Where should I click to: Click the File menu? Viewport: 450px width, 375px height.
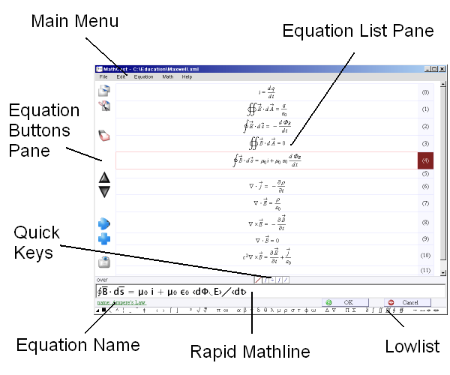point(103,76)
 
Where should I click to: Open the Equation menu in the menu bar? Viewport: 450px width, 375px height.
point(143,76)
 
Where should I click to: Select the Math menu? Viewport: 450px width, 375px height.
point(168,76)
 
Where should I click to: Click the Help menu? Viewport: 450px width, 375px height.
point(187,76)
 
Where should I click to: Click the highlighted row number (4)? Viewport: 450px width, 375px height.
point(425,160)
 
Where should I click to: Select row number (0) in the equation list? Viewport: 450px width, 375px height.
point(425,92)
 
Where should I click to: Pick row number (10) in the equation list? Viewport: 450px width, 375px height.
point(425,255)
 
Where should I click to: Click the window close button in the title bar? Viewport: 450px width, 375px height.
point(442,69)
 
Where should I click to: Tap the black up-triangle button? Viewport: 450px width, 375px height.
point(105,178)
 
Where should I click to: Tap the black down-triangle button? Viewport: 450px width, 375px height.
point(105,191)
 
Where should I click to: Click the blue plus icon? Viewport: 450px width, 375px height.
point(105,239)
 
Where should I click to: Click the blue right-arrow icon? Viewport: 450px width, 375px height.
point(105,223)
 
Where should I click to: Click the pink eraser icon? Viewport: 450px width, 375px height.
point(105,136)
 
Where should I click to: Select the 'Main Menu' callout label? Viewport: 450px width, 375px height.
point(74,21)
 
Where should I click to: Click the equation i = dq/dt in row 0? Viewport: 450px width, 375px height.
point(266,92)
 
